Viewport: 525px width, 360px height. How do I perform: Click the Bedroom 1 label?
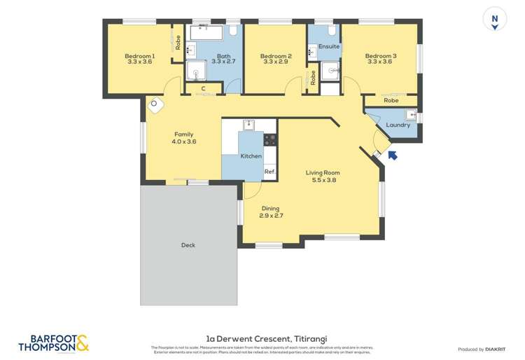coord(139,56)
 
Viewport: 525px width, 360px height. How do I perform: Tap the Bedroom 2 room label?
coord(274,56)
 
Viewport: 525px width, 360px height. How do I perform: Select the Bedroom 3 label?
coord(380,56)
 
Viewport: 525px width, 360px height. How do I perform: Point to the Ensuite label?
coord(329,47)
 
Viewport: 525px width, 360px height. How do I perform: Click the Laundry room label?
coord(398,125)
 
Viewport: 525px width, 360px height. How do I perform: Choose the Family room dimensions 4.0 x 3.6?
coord(183,141)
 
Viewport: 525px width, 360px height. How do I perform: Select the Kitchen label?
coord(251,156)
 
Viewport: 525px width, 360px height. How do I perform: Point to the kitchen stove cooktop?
coord(270,139)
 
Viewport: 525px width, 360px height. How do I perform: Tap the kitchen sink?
coord(248,125)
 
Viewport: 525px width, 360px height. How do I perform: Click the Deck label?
coord(188,245)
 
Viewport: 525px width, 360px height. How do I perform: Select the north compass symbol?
coord(495,20)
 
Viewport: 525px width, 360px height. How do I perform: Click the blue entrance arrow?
coord(393,155)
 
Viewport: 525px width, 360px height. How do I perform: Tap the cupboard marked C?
coord(203,89)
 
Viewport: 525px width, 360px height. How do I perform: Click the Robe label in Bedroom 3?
coord(391,101)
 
